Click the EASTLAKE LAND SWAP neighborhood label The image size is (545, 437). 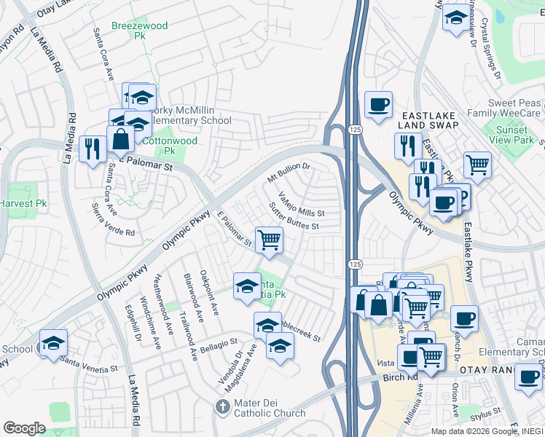click(426, 120)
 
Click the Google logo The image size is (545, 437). click(24, 428)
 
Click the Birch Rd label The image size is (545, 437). click(398, 378)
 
